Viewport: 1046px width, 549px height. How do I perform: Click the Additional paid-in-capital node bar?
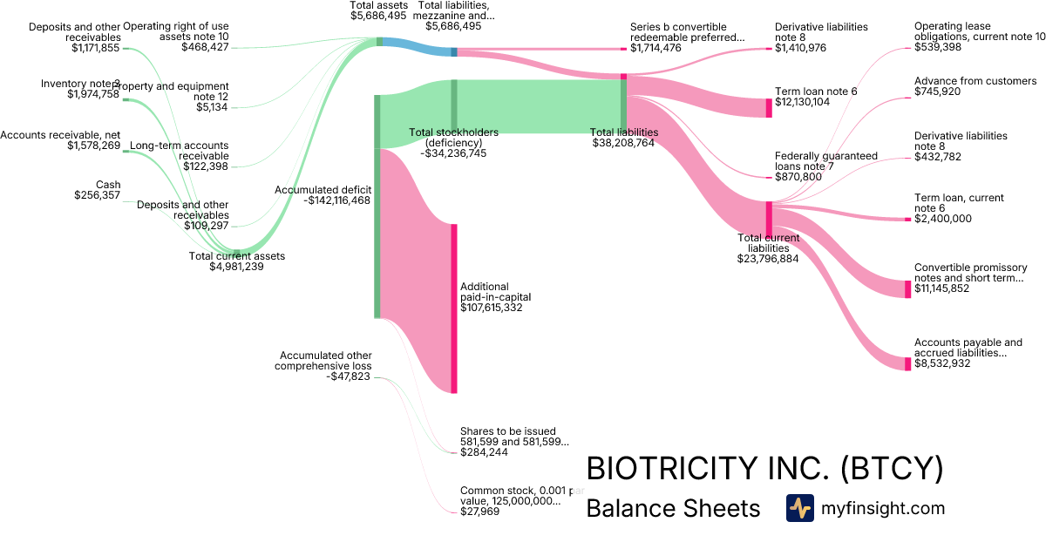(x=453, y=308)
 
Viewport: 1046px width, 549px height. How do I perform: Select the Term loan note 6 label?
(x=814, y=91)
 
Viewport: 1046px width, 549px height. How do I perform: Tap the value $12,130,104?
(x=802, y=102)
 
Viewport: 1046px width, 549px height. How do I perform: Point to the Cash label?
(x=108, y=185)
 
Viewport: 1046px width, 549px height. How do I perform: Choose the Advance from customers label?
(x=975, y=81)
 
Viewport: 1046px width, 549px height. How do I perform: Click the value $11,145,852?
(x=941, y=288)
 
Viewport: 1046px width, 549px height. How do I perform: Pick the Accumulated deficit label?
(x=323, y=189)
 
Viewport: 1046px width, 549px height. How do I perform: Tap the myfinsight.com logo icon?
(x=799, y=508)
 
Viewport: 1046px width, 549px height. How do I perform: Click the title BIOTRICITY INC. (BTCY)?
(x=764, y=469)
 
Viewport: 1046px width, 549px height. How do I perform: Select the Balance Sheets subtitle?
(x=674, y=508)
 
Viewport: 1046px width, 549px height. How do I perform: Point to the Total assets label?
(x=378, y=5)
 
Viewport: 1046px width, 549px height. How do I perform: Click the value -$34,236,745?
(x=453, y=152)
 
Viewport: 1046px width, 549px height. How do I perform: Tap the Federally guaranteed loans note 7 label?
(x=825, y=161)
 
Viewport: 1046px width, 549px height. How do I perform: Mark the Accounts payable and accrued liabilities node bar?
(x=907, y=360)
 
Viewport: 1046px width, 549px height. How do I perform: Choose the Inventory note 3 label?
(x=80, y=84)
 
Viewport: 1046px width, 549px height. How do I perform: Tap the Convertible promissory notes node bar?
(x=907, y=288)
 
